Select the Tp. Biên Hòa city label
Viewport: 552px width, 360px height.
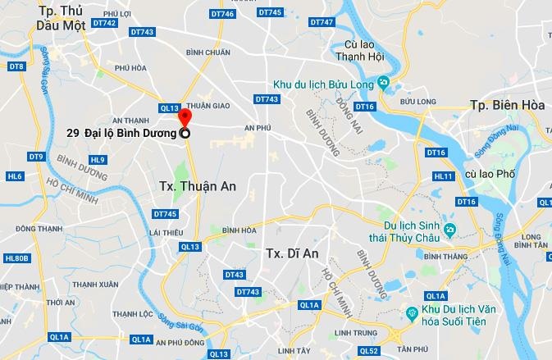(503, 105)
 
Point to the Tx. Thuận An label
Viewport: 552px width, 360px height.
(195, 186)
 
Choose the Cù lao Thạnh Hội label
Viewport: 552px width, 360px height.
(361, 51)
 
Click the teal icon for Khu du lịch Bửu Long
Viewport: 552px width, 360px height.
(382, 82)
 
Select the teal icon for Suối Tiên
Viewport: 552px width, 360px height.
(412, 313)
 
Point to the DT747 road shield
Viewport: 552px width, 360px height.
(324, 21)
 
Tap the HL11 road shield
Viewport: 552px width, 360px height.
(444, 175)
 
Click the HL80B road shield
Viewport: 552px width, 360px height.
(16, 258)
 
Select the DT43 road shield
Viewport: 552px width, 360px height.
(234, 275)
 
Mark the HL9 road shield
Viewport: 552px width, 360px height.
(98, 159)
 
